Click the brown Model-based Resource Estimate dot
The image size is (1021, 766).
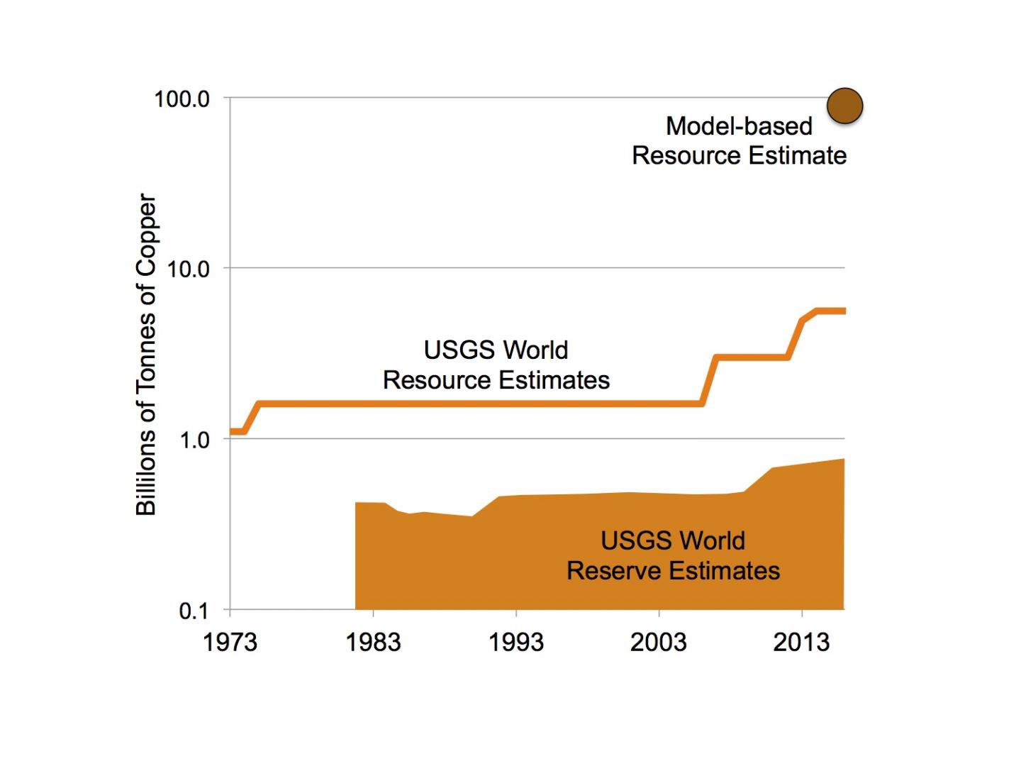[x=844, y=106]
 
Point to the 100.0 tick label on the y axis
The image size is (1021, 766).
[x=182, y=99]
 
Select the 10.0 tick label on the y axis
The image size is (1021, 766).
[x=187, y=270]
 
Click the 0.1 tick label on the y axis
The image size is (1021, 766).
[x=194, y=611]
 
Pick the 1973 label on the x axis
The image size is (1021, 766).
[x=230, y=643]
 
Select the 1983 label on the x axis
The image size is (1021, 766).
[x=373, y=643]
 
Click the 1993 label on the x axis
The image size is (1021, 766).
[x=516, y=643]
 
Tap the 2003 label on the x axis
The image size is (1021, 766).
[x=659, y=643]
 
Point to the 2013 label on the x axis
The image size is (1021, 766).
[x=801, y=643]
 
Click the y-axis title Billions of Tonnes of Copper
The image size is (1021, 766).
[x=145, y=355]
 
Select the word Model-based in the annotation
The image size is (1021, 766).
[x=739, y=126]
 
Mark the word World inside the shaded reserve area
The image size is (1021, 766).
[x=713, y=541]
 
